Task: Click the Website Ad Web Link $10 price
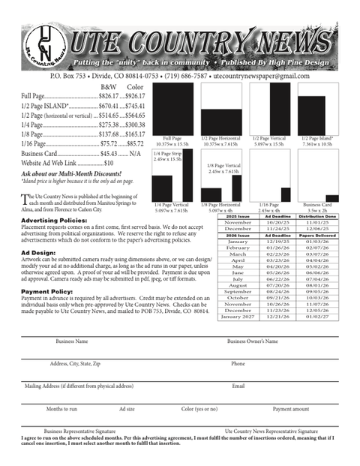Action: (x=109, y=163)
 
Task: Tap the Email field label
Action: (x=238, y=386)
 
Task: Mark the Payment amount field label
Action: (x=290, y=409)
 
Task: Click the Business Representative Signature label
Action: (x=79, y=431)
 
